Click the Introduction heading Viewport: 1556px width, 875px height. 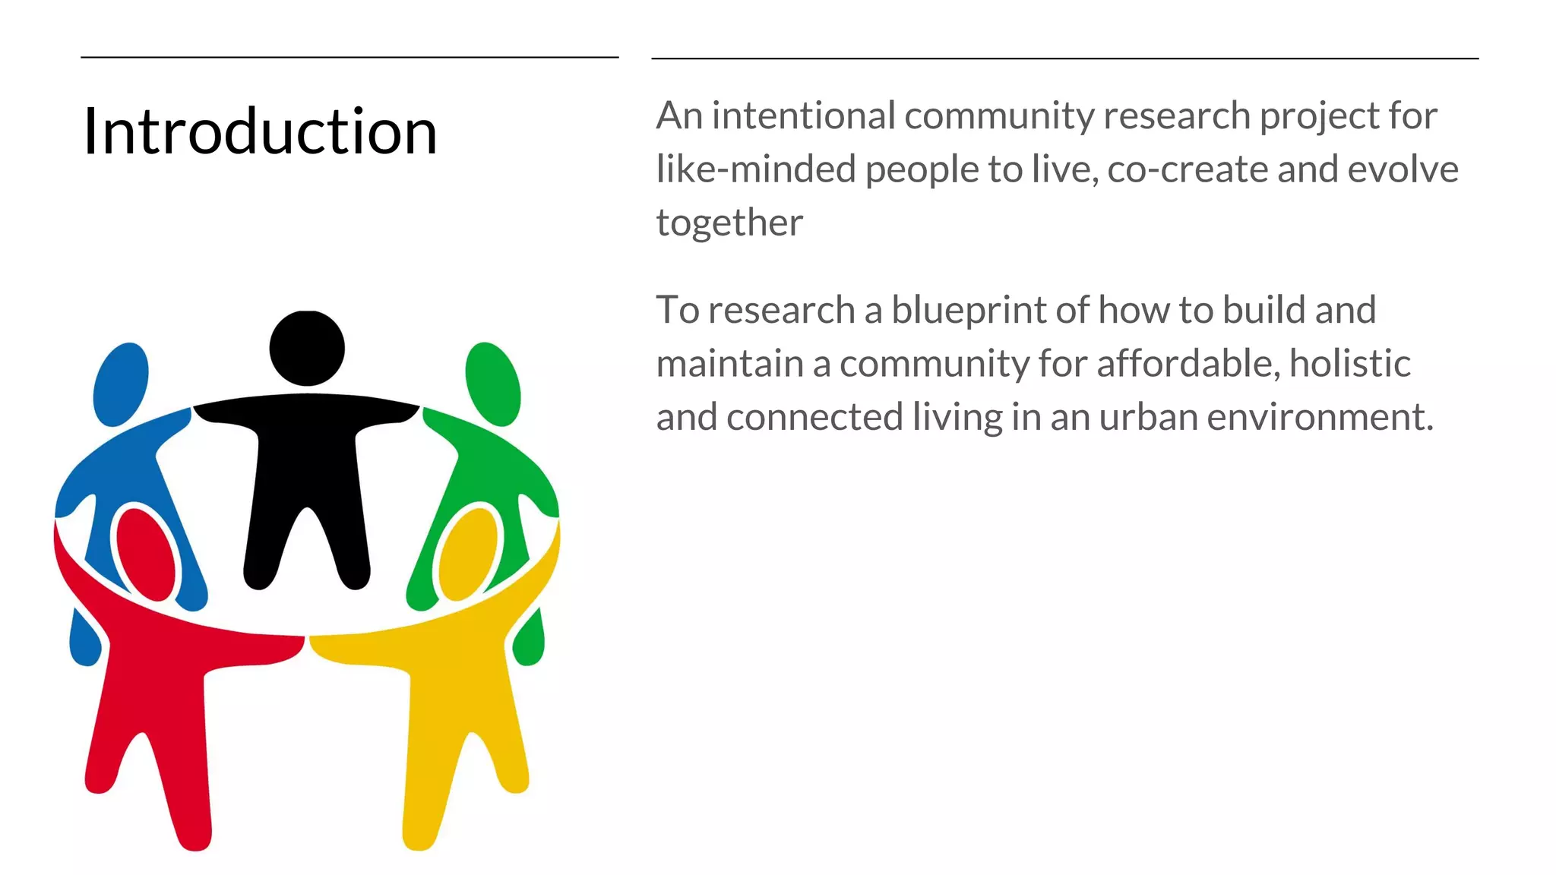260,131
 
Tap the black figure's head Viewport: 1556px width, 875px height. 307,348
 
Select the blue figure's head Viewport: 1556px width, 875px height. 121,384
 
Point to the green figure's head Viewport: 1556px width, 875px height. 493,384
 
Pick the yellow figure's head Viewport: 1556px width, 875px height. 468,553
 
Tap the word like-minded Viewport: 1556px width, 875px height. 756,169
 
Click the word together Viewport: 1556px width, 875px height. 729,223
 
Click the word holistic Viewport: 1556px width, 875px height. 1349,363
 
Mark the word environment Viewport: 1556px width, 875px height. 1319,417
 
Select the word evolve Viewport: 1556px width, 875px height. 1403,169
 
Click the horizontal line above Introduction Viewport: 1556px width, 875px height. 349,57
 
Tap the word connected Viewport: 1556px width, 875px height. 814,417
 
